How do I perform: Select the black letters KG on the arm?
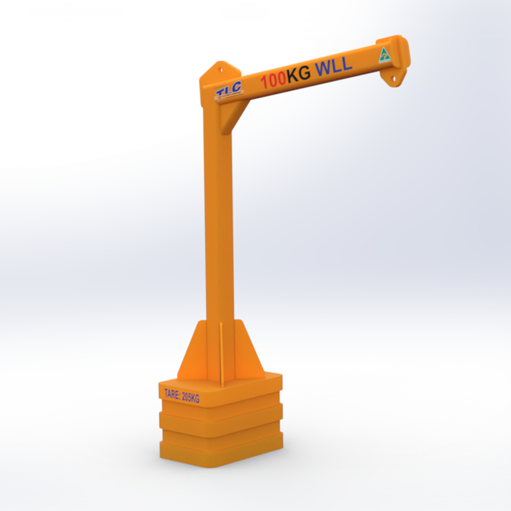(x=298, y=74)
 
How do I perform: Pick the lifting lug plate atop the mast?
(x=220, y=71)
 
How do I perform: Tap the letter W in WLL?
(x=323, y=68)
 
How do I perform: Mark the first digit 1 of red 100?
(x=264, y=82)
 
